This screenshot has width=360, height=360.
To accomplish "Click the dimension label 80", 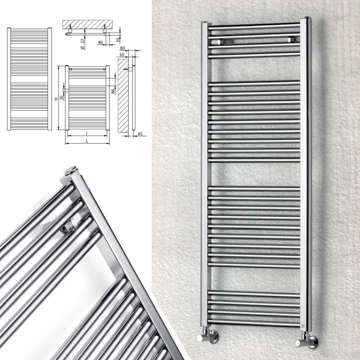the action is point(122,48).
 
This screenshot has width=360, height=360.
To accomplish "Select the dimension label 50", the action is point(122,55).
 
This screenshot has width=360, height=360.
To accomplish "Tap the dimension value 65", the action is point(140,134).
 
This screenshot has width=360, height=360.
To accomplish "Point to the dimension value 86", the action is point(113,91).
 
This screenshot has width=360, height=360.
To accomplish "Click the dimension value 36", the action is point(62,97).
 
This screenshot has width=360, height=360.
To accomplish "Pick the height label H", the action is point(56,99).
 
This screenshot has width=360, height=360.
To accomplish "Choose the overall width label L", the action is point(87,141).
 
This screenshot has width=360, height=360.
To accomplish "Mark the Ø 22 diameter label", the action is point(83,44).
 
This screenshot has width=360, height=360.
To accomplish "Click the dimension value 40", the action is point(100,42).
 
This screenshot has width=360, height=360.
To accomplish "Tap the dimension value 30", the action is point(118,40).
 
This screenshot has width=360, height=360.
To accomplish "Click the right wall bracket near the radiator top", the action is point(292,40).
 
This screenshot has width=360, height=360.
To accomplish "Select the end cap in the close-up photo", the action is point(72,169).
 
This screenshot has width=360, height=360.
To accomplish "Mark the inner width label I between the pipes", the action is point(86,133).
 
